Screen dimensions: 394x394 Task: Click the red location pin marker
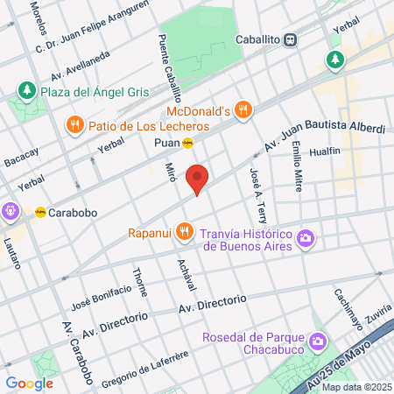198,179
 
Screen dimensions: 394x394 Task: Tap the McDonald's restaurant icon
243,110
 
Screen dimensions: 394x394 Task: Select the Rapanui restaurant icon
183,232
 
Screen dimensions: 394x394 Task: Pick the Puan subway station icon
187,143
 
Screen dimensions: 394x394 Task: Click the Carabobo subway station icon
40,212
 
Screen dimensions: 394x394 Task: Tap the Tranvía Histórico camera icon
305,238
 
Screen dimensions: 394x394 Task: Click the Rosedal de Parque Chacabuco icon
317,339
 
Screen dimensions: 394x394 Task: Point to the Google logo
30,383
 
